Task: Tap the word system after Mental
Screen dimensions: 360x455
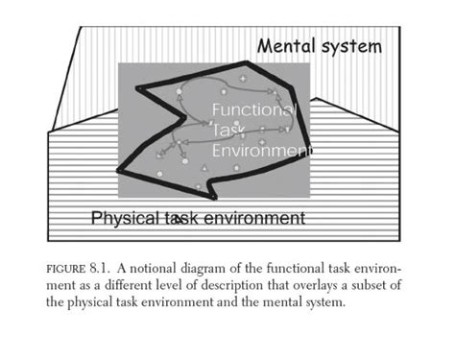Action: point(353,46)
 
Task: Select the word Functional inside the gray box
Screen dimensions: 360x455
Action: point(252,110)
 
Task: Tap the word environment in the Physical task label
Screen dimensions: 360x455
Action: point(252,218)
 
